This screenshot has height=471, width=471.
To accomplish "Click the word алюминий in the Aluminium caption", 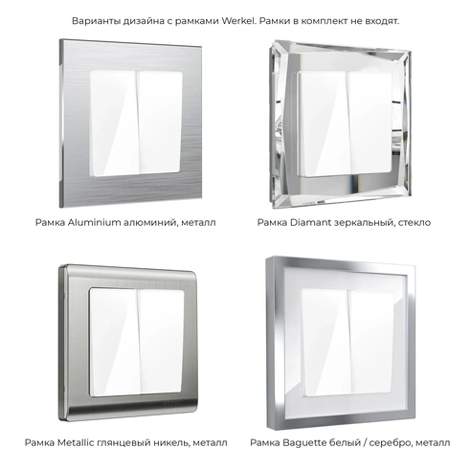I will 163,221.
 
